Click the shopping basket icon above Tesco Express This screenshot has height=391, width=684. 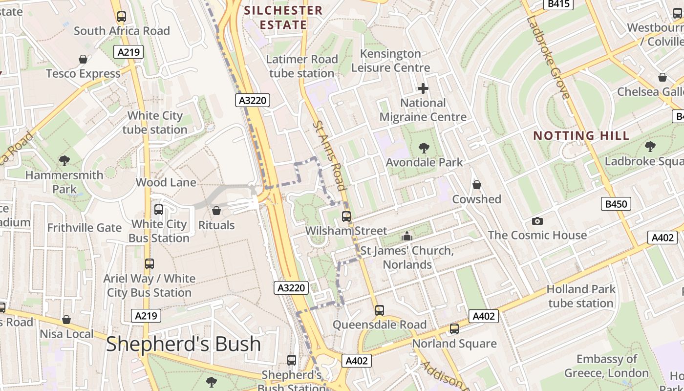[x=83, y=59]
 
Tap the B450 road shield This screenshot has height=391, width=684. [x=616, y=204]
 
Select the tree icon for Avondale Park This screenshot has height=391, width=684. [x=424, y=148]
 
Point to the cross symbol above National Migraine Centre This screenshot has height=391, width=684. [x=423, y=88]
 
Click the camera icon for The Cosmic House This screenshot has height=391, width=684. [x=537, y=221]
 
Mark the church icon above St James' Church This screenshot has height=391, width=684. [x=406, y=237]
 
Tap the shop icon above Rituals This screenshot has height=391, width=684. [x=216, y=211]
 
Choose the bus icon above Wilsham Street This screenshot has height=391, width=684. [x=346, y=216]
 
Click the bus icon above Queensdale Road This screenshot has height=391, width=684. [x=380, y=310]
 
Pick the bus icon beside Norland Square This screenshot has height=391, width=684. [x=454, y=329]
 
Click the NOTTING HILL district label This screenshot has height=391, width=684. [x=581, y=135]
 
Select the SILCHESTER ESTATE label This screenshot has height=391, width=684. [x=283, y=18]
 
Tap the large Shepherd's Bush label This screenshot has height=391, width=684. [x=184, y=344]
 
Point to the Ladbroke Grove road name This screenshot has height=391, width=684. [x=548, y=58]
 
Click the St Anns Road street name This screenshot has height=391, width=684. [x=329, y=155]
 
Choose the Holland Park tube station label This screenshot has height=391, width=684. [x=581, y=296]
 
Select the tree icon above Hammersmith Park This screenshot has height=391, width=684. [x=64, y=160]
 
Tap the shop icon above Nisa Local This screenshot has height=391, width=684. [x=66, y=320]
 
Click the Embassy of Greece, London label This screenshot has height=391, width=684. [x=606, y=366]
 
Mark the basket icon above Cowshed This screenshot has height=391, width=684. [x=476, y=185]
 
